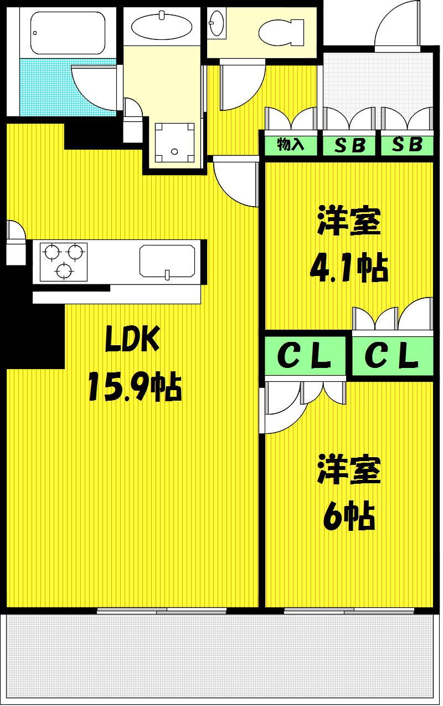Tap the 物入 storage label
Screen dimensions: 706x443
click(x=290, y=145)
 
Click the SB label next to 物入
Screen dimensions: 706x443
click(x=350, y=145)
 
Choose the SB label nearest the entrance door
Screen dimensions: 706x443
click(x=408, y=145)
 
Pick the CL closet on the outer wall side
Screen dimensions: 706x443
click(x=392, y=356)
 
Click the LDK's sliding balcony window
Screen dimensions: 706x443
click(x=162, y=611)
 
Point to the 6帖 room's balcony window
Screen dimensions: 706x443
click(x=349, y=611)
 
